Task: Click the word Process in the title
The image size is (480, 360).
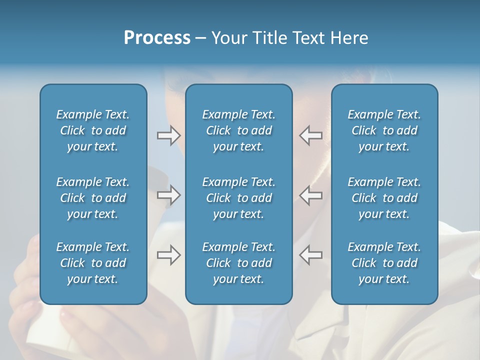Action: coord(157,38)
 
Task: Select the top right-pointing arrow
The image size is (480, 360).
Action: coord(168,135)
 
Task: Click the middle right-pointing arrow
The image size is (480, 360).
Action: coord(168,195)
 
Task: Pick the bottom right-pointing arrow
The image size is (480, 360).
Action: coord(168,255)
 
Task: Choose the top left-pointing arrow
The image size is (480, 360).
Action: coord(311,135)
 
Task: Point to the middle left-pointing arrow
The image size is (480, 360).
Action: coord(311,195)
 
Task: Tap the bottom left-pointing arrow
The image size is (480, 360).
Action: coord(311,255)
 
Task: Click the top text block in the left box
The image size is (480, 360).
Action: coord(93,130)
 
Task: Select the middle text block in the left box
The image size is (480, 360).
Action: coord(93,198)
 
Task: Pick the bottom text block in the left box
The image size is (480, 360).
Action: coord(93,263)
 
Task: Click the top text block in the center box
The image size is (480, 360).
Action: coord(238,130)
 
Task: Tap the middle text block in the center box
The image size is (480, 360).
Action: coord(238,198)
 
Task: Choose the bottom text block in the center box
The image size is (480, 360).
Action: coord(238,263)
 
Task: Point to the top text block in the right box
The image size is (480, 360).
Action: coord(384,130)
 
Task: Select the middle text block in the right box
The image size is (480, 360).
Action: coord(384,198)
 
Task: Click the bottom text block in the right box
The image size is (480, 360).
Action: coord(384,263)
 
